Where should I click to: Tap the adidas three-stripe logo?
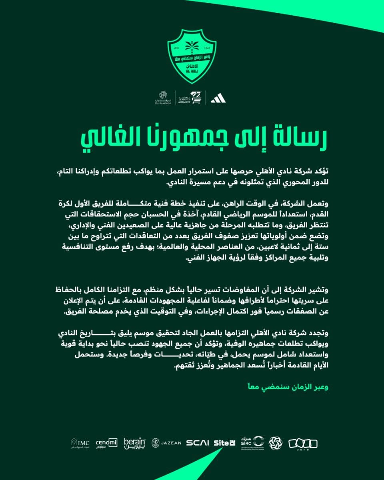pos(218,97)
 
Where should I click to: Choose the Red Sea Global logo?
pos(163,97)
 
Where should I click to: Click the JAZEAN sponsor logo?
pos(166,442)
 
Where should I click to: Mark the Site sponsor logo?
pos(224,442)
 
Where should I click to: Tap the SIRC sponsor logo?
pos(252,442)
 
